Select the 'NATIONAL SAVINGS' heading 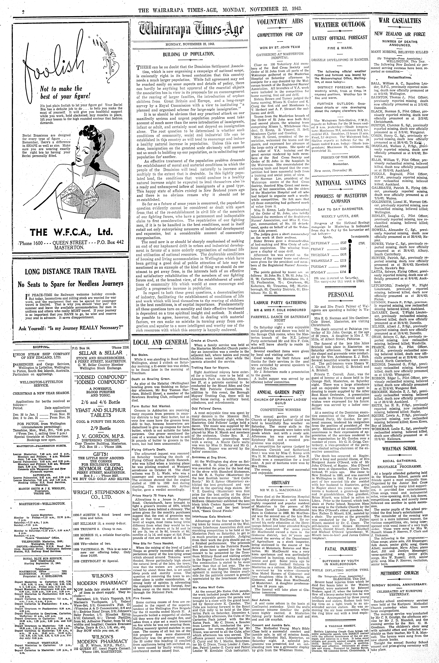point(340,183)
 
